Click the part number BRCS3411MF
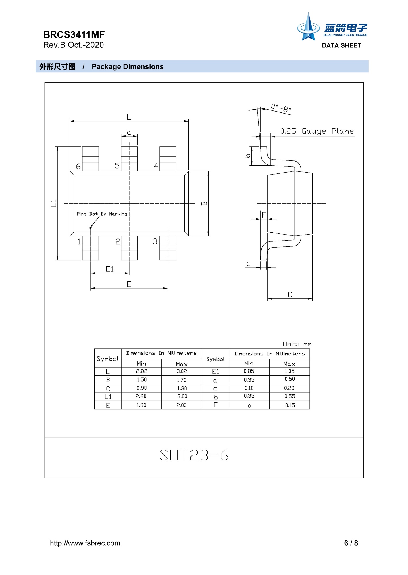tap(74, 35)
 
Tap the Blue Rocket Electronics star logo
tap(308, 27)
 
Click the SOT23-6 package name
tap(194, 455)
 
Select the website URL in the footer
tap(85, 543)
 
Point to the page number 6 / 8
tap(351, 543)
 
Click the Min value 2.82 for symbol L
tap(141, 371)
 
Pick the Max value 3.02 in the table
tap(182, 371)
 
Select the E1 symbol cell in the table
tap(215, 372)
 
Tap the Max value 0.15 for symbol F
tap(290, 405)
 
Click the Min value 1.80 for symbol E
tap(141, 405)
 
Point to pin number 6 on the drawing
tap(78, 166)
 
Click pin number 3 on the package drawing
tap(155, 241)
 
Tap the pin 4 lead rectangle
tap(168, 159)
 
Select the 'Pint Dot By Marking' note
tap(102, 214)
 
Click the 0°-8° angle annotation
tap(281, 108)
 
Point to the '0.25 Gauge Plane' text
tap(317, 131)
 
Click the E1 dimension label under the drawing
tap(110, 269)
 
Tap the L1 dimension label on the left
tap(54, 203)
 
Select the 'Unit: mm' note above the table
tap(297, 344)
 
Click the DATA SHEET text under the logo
tap(341, 45)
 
